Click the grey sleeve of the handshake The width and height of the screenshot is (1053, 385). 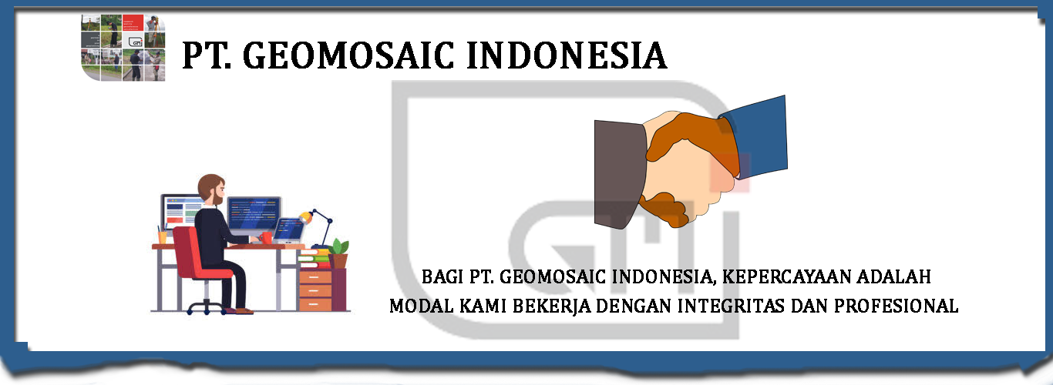(x=620, y=173)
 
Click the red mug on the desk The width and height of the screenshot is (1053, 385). (x=267, y=237)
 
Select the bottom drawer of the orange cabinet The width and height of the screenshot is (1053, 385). (x=315, y=303)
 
